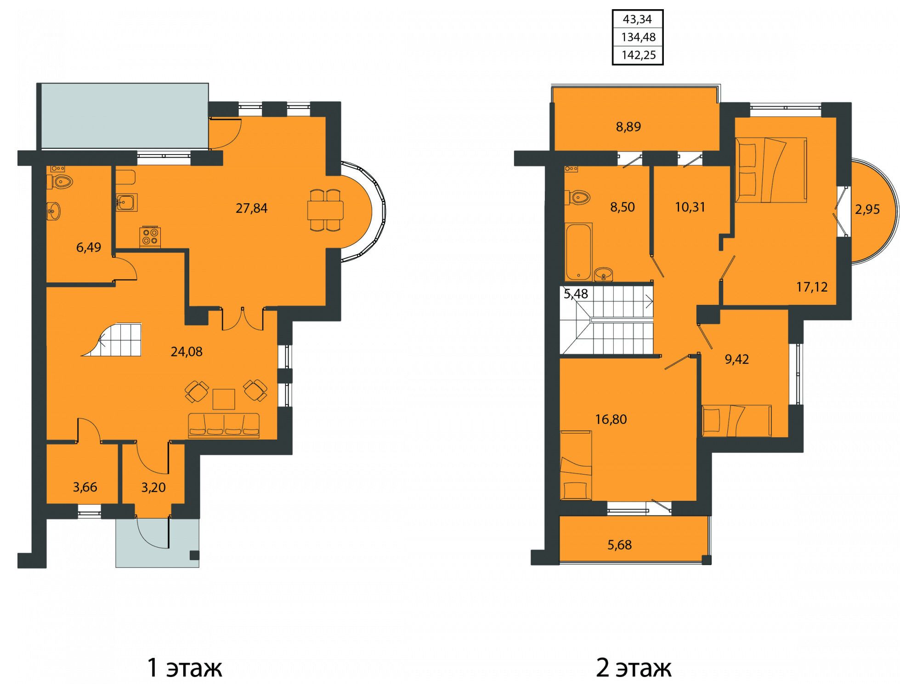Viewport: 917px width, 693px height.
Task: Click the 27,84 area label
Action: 251,208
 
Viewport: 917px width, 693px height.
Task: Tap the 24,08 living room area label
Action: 187,352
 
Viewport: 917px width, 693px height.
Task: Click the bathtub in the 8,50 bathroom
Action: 578,252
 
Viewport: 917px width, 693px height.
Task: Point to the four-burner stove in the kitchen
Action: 150,237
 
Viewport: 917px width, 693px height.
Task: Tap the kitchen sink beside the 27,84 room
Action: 126,202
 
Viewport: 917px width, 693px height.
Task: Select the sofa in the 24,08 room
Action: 224,425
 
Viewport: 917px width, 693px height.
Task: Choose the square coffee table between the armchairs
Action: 224,399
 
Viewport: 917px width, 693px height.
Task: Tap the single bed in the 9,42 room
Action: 737,420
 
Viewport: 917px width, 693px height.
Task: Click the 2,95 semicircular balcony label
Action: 867,210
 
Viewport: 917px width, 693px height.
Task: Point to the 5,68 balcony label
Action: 619,545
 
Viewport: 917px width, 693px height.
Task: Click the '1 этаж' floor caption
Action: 185,668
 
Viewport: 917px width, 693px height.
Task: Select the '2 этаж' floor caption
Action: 634,668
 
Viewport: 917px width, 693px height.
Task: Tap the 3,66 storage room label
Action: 85,487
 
